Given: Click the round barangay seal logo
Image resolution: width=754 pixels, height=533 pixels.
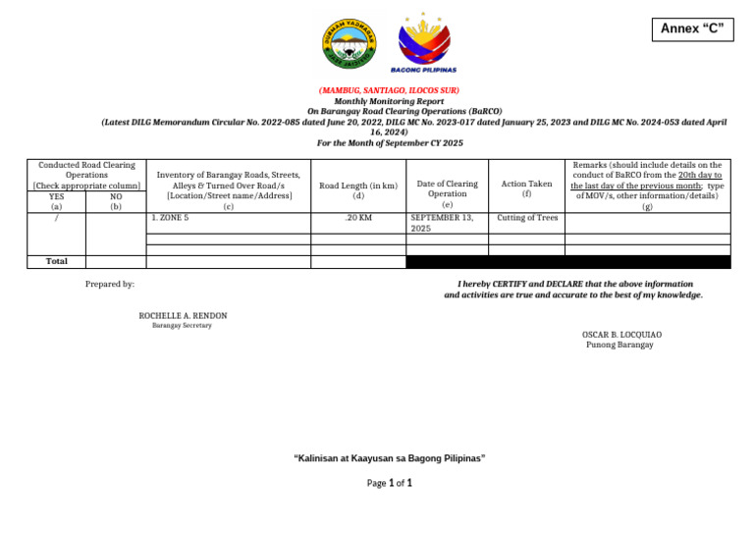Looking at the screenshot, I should tap(349, 43).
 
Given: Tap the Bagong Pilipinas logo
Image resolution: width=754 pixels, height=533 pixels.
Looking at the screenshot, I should tap(423, 43).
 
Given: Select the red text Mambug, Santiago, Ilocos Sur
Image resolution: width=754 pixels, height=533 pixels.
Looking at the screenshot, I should tap(389, 90).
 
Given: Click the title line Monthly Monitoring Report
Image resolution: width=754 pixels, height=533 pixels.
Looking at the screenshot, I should tap(389, 101).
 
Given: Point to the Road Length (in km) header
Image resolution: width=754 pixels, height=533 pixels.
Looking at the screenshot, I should tap(358, 185).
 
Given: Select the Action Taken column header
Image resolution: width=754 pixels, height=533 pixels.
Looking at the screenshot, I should tap(526, 185).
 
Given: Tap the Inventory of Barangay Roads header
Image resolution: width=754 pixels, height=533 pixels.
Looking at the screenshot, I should tap(229, 189).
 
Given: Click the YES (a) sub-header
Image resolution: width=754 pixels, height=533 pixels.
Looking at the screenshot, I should tap(57, 201).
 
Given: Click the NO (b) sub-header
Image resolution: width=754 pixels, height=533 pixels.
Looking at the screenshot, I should tap(116, 201).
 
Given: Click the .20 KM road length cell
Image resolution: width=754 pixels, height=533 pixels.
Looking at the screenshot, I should tap(358, 218).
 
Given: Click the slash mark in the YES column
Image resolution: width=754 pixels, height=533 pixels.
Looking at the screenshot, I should tap(57, 218).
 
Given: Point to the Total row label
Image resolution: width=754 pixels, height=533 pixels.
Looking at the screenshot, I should tap(57, 261).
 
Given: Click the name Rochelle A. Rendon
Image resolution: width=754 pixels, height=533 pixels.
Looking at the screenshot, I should tap(183, 316).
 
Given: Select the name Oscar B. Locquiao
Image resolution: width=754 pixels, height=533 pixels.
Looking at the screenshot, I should tap(619, 335).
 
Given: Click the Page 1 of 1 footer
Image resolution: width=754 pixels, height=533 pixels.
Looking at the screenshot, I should tap(389, 483).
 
